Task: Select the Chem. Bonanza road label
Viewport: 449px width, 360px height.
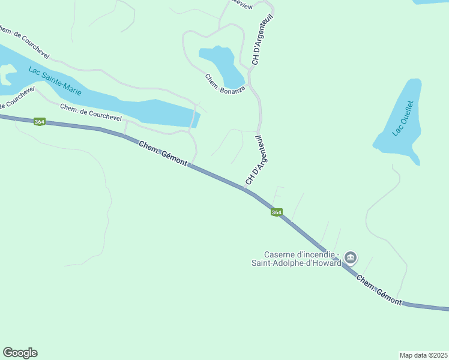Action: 225,86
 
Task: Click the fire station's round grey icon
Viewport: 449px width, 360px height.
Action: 351,259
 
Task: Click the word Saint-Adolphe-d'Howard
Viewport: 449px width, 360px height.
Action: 296,263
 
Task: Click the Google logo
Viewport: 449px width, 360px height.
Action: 20,353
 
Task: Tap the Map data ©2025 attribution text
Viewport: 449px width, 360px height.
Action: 423,355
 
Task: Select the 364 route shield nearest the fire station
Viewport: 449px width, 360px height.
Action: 276,212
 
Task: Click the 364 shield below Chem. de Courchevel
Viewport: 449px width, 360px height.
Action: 39,122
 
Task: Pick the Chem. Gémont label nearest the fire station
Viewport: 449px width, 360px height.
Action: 379,290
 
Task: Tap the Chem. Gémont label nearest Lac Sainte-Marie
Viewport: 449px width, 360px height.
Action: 163,154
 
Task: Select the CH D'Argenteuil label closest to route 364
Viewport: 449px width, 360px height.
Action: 255,161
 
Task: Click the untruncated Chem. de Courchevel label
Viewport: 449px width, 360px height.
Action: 91,111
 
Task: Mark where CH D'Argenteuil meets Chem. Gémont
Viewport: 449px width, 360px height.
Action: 244,190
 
